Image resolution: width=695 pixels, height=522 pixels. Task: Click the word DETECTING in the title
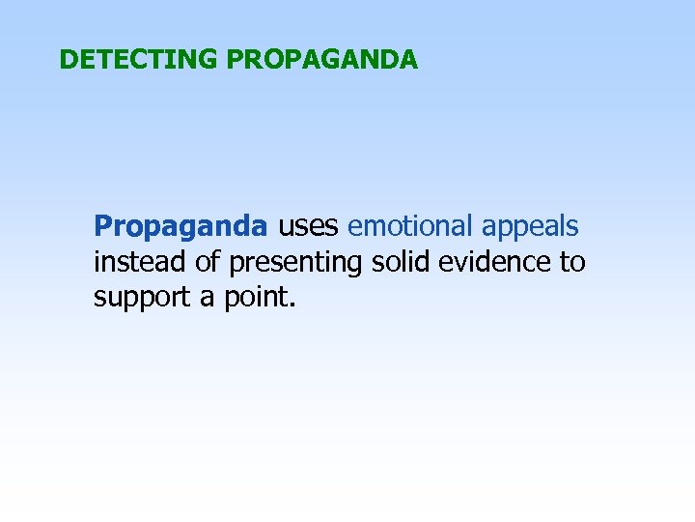click(x=139, y=60)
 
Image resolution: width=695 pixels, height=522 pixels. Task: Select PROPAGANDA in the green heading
click(x=322, y=60)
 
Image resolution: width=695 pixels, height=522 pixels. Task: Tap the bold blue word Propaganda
click(x=181, y=227)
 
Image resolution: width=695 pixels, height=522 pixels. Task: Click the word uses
click(x=309, y=226)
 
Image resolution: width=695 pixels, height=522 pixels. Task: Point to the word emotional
click(x=410, y=226)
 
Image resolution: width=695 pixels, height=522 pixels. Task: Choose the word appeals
click(x=530, y=227)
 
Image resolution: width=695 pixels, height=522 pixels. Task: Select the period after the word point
click(x=289, y=303)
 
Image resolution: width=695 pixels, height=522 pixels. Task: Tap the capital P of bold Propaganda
click(x=102, y=226)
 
